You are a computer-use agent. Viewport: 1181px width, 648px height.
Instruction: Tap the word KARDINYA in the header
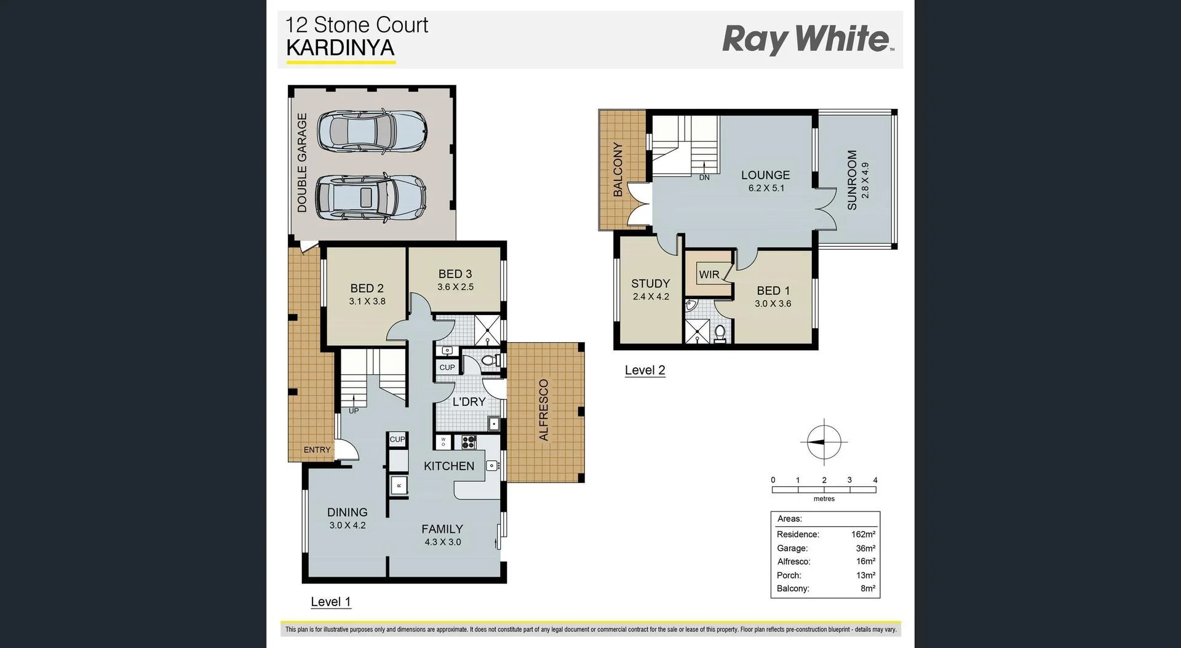(340, 48)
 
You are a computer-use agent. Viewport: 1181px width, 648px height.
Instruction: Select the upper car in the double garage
(372, 130)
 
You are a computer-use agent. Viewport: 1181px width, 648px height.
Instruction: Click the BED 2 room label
(367, 288)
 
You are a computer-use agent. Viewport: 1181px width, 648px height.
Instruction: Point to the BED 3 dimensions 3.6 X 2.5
(455, 287)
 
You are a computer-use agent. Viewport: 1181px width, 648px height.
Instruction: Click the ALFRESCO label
(544, 410)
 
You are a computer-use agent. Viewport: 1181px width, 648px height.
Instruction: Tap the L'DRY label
(469, 402)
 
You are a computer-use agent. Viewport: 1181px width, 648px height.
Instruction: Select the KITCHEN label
(449, 466)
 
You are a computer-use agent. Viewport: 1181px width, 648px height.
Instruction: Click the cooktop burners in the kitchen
(469, 442)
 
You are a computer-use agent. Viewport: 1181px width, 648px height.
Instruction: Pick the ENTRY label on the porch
(317, 450)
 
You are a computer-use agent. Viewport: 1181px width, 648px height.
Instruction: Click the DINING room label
(347, 512)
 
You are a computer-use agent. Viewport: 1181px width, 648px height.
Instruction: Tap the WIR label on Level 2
(709, 274)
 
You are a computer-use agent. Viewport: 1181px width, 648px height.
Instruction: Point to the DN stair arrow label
(704, 177)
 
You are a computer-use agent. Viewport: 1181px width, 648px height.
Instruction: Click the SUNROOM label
(852, 180)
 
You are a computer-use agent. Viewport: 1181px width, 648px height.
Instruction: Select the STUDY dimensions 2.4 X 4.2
(651, 297)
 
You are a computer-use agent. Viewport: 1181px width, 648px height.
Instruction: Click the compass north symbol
(824, 442)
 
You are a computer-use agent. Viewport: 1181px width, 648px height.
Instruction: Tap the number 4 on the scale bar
(875, 480)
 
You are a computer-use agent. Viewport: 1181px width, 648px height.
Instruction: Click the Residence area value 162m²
(863, 534)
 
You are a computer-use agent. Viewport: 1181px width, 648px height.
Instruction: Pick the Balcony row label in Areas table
(793, 588)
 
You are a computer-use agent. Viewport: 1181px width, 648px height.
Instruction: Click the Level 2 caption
(645, 370)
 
